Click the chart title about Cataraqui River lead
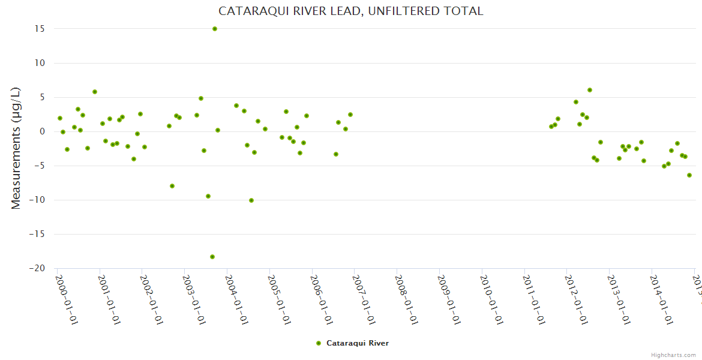tap(350, 11)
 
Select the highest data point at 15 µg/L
tap(215, 29)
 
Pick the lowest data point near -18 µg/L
tap(212, 257)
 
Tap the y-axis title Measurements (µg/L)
tap(16, 148)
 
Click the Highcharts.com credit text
tap(673, 355)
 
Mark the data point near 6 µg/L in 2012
tap(590, 90)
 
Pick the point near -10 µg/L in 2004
tap(251, 200)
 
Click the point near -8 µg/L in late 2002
tap(172, 186)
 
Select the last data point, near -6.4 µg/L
tap(689, 175)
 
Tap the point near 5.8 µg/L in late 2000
tap(95, 92)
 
